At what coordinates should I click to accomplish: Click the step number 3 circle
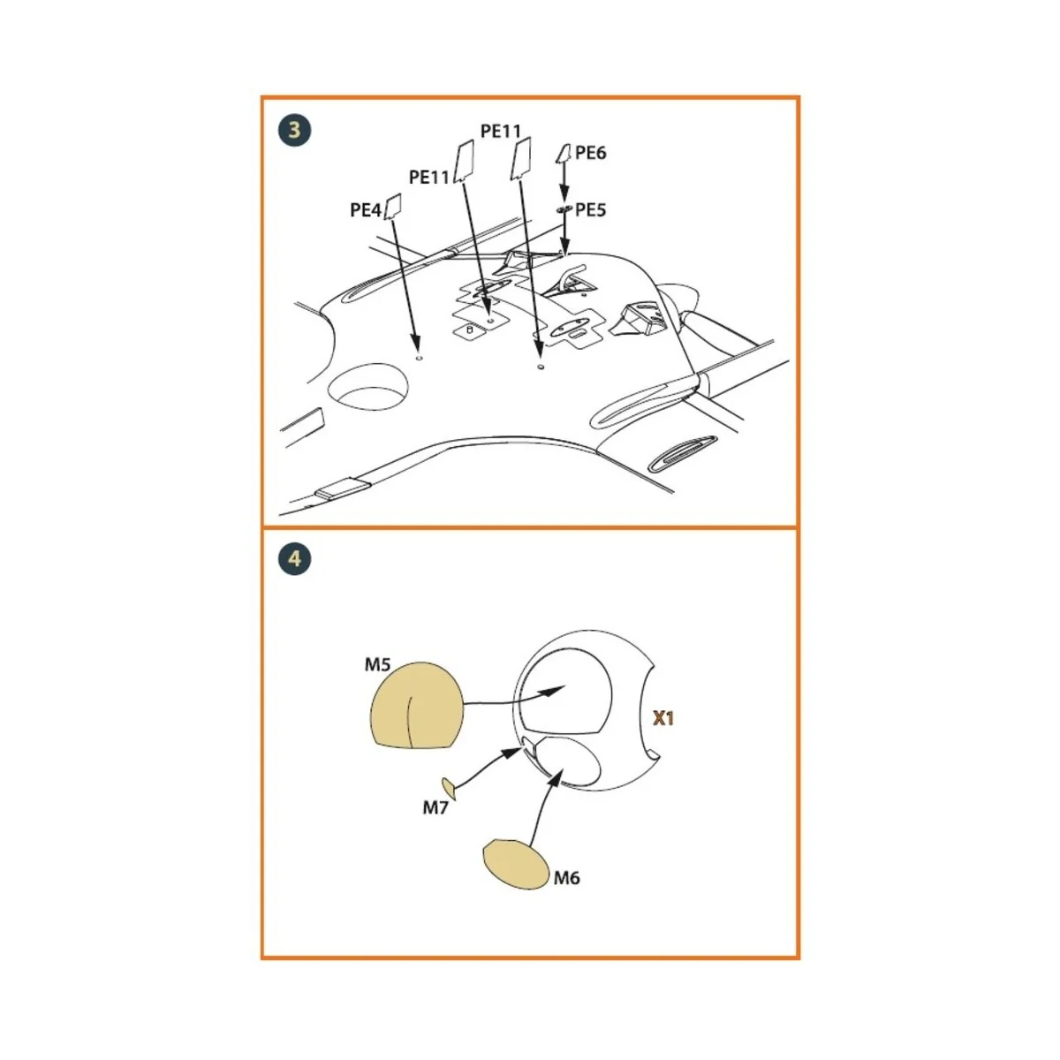(294, 130)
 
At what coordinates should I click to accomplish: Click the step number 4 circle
(294, 558)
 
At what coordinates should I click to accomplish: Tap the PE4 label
(365, 210)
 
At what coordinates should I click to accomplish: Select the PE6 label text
(590, 153)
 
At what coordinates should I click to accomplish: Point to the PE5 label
(590, 210)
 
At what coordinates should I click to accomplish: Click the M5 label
(377, 664)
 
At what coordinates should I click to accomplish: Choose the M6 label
(566, 877)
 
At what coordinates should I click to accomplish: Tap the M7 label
(435, 806)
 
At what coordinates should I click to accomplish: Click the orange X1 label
(662, 718)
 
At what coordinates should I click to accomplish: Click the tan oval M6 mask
(516, 863)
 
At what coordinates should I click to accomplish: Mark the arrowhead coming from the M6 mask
(556, 776)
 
